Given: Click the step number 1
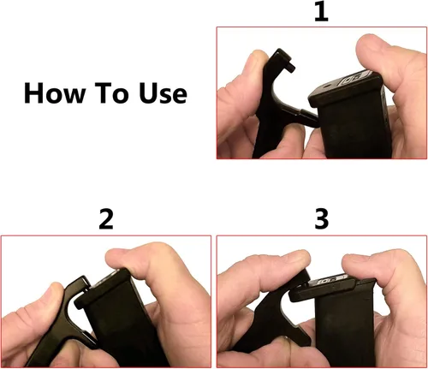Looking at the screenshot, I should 320,14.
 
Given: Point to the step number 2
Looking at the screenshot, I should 106,220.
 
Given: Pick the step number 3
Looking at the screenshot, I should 321,220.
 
